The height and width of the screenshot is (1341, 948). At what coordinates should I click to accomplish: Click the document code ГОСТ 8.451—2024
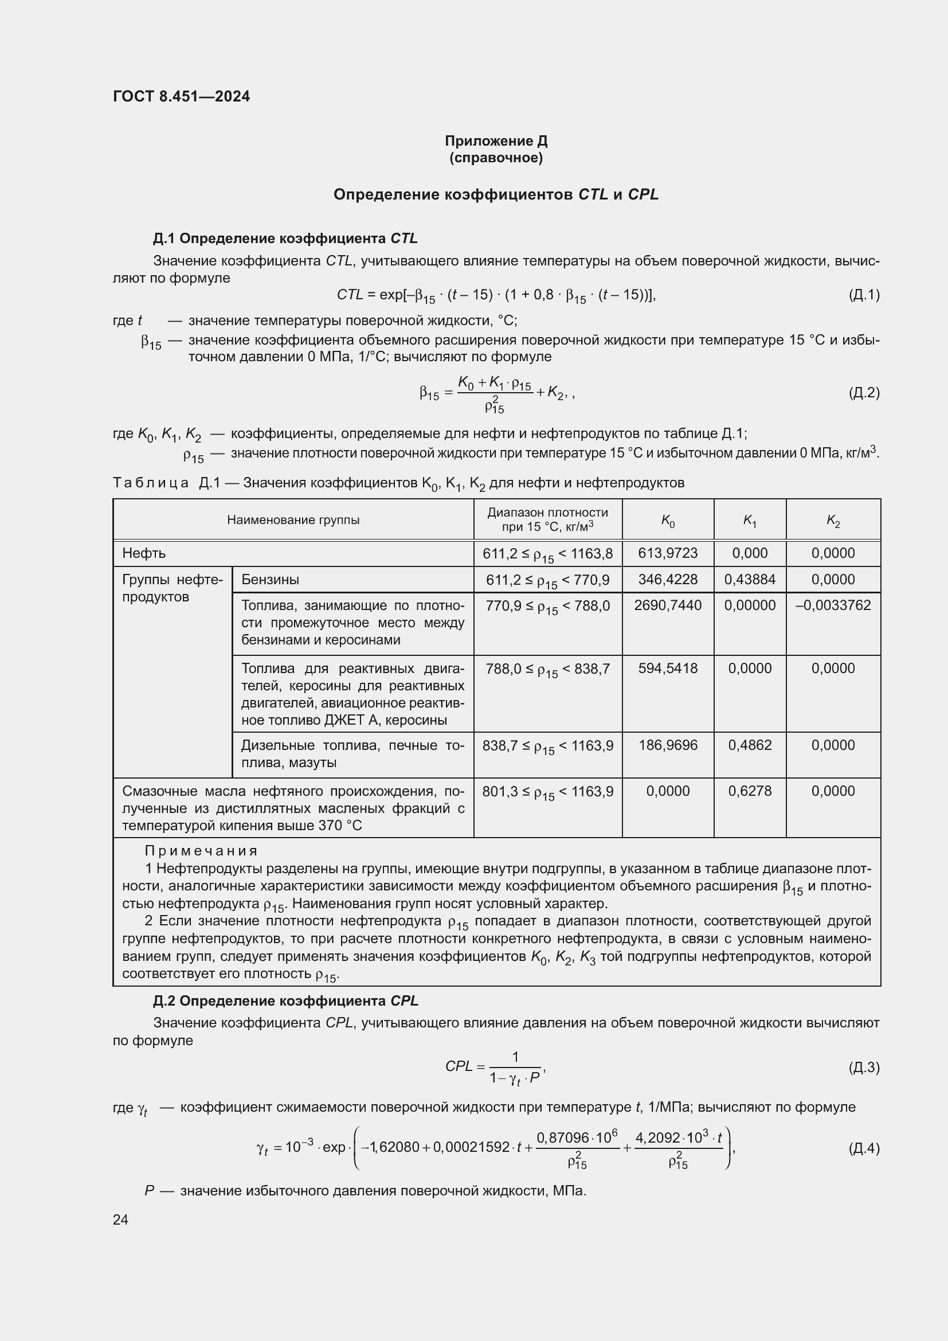point(181,96)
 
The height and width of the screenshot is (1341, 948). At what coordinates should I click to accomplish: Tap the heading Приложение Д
point(496,141)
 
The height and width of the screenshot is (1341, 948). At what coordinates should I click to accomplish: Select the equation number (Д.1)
point(864,294)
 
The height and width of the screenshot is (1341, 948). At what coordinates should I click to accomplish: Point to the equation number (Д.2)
point(864,393)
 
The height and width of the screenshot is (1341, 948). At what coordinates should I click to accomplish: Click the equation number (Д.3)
point(864,1067)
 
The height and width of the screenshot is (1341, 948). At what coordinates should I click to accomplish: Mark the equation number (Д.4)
point(864,1148)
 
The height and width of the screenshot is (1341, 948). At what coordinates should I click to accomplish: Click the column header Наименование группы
point(293,520)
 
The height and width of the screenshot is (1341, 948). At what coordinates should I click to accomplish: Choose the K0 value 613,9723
point(668,553)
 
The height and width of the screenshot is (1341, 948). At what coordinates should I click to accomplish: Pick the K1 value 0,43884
point(750,580)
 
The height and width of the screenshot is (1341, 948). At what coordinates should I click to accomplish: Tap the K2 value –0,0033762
point(833,605)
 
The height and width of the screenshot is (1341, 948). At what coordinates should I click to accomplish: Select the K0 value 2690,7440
point(668,605)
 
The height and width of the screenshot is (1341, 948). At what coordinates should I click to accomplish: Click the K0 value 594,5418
point(668,668)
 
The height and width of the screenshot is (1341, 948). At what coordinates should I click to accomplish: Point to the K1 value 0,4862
point(750,745)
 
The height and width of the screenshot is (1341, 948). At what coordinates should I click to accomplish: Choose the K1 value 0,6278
point(750,791)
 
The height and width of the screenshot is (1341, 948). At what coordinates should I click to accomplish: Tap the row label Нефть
point(144,553)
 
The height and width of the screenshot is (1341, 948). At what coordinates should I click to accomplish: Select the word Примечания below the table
point(201,851)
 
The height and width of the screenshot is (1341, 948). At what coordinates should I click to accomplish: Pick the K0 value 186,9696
point(668,745)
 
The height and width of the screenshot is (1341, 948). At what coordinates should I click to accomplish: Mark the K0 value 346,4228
point(668,580)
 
